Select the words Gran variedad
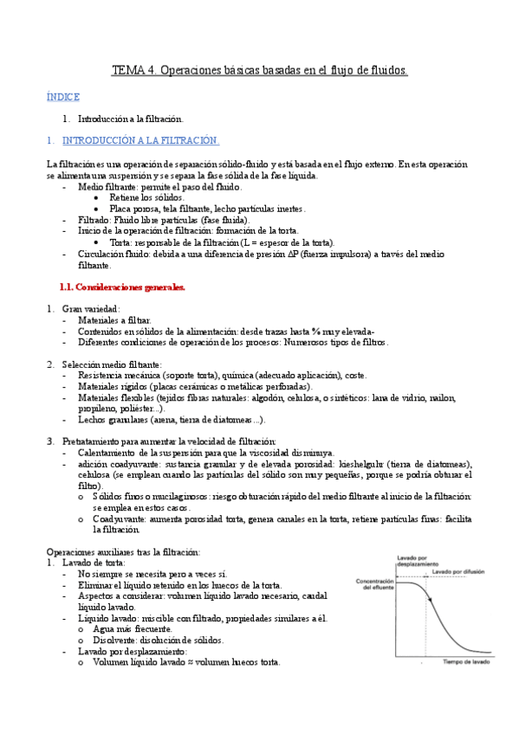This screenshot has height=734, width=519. (x=91, y=308)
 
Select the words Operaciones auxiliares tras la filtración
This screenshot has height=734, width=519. (x=123, y=551)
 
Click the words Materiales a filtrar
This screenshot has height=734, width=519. (x=114, y=319)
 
